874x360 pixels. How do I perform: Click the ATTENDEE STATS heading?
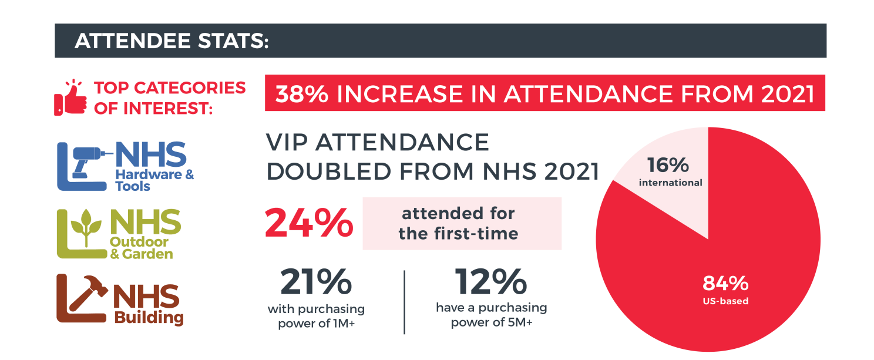coord(172,41)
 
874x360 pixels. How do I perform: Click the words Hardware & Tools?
coord(154,180)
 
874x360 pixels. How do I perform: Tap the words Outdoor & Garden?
coord(141,248)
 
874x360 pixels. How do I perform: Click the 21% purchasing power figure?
coord(316,283)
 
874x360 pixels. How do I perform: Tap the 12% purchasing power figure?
coord(490,282)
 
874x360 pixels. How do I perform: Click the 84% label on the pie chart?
coord(725,284)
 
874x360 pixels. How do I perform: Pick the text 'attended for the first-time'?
coord(458,223)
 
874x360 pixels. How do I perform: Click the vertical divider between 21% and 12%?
coord(404,302)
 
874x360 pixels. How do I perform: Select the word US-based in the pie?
coord(725,301)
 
